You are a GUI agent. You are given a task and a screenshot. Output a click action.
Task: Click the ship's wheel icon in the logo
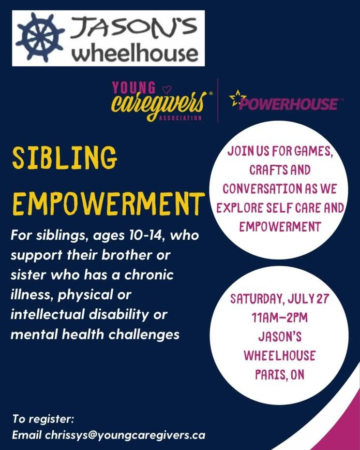(x=40, y=37)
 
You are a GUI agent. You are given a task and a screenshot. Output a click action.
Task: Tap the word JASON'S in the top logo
(x=133, y=28)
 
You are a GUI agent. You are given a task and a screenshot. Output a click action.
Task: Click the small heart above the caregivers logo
(x=166, y=90)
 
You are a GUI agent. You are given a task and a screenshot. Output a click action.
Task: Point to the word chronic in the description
(x=149, y=275)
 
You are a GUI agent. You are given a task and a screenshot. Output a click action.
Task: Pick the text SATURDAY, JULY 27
(x=279, y=299)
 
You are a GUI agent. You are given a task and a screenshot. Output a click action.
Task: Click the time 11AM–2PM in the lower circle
(x=280, y=318)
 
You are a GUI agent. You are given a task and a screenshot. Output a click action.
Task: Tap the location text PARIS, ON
(x=280, y=375)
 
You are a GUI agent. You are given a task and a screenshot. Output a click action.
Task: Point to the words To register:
(x=43, y=419)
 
